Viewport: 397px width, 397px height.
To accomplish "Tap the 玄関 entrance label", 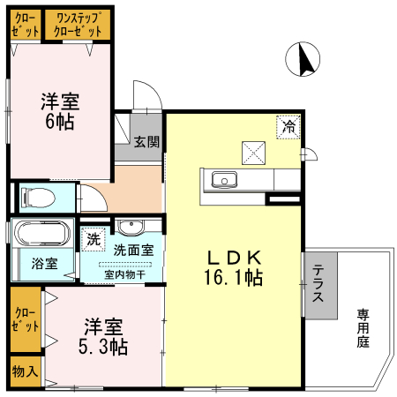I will [x=146, y=140].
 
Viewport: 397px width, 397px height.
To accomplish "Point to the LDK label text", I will [x=234, y=258].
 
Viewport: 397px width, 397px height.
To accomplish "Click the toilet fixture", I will [x=40, y=196].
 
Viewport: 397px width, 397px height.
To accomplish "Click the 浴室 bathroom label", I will [x=44, y=264].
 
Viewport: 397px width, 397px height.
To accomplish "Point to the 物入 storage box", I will [x=25, y=371].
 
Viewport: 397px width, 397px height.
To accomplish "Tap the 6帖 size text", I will [x=60, y=120].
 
